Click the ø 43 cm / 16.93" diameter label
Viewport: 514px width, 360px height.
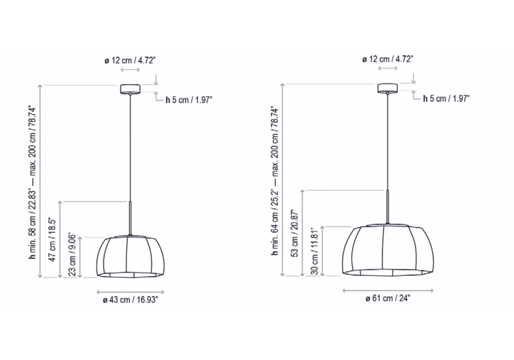tap(131, 300)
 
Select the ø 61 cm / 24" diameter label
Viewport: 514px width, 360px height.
tap(388, 298)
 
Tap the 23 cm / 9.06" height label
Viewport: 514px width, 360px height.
tap(72, 255)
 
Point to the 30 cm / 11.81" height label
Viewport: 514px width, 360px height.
tap(315, 251)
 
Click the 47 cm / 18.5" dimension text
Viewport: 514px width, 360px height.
tap(52, 239)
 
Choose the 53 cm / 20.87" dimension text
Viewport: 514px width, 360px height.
tap(295, 233)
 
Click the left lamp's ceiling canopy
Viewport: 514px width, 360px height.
tap(131, 89)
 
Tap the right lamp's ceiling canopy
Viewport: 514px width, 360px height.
tap(388, 88)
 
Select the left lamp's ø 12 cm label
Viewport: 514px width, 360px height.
tap(130, 60)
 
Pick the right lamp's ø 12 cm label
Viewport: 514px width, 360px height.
tap(388, 59)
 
